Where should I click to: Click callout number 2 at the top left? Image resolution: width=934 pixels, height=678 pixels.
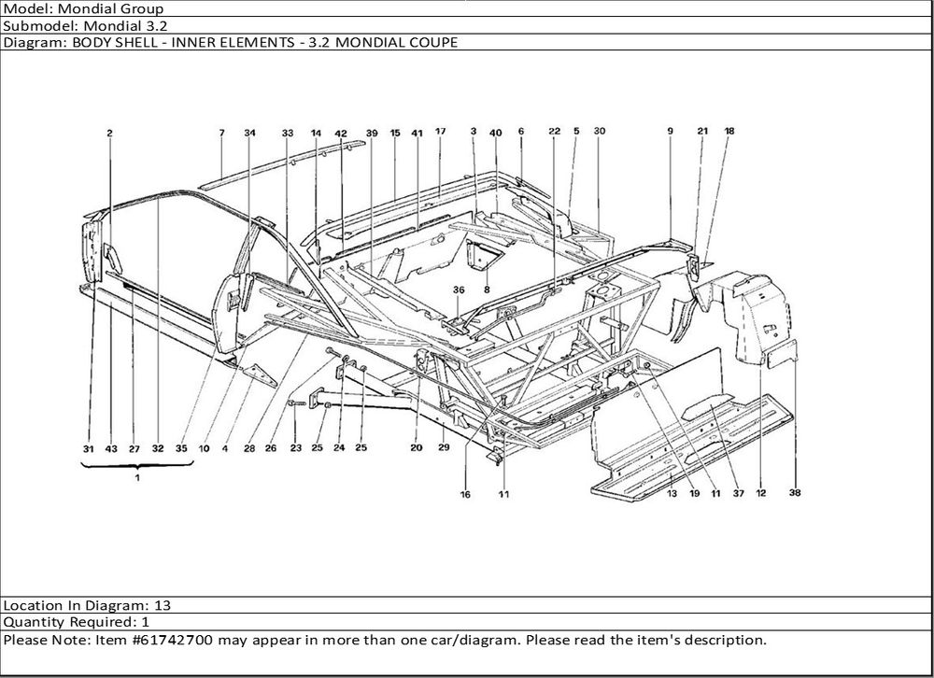(110, 134)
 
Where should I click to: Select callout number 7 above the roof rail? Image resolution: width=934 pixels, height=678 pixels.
(221, 134)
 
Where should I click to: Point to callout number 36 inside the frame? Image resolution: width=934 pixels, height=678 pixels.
(459, 290)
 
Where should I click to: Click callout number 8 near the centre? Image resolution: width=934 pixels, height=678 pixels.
(487, 290)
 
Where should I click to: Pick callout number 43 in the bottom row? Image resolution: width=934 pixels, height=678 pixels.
(111, 449)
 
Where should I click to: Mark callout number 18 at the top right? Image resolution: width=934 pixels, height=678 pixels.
(729, 132)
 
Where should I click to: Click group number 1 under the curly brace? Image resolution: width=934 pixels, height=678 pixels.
(137, 477)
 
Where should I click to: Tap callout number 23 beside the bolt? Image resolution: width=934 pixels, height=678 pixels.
(295, 449)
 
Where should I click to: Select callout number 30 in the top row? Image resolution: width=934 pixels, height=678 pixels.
(600, 132)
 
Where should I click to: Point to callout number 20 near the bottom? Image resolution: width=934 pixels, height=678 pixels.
(416, 448)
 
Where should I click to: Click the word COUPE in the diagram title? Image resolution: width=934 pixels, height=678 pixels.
(432, 42)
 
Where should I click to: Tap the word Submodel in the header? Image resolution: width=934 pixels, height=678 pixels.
(35, 25)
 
